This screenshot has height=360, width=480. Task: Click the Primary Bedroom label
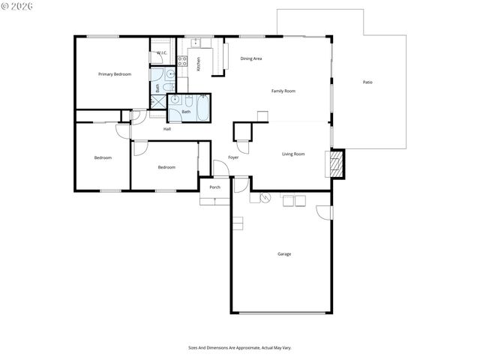[x=115, y=74]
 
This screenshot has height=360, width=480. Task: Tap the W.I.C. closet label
[x=162, y=52]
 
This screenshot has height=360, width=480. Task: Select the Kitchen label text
[x=199, y=63]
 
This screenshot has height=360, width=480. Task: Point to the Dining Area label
[x=250, y=58]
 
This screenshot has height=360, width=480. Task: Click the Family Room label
[x=283, y=91]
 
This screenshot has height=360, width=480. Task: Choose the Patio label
[x=367, y=82]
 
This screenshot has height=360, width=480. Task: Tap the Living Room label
[x=293, y=154]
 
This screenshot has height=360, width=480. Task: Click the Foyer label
[x=233, y=157]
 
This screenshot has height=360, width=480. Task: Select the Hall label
[x=166, y=129]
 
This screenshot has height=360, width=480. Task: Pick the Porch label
[x=214, y=187]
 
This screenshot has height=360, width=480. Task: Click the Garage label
[x=284, y=254]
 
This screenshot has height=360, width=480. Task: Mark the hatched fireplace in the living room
[x=337, y=163]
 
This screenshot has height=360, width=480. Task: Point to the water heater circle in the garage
[x=265, y=198]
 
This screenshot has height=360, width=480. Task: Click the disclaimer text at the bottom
[x=239, y=347]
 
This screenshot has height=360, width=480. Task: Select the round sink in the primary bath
[x=171, y=74]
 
